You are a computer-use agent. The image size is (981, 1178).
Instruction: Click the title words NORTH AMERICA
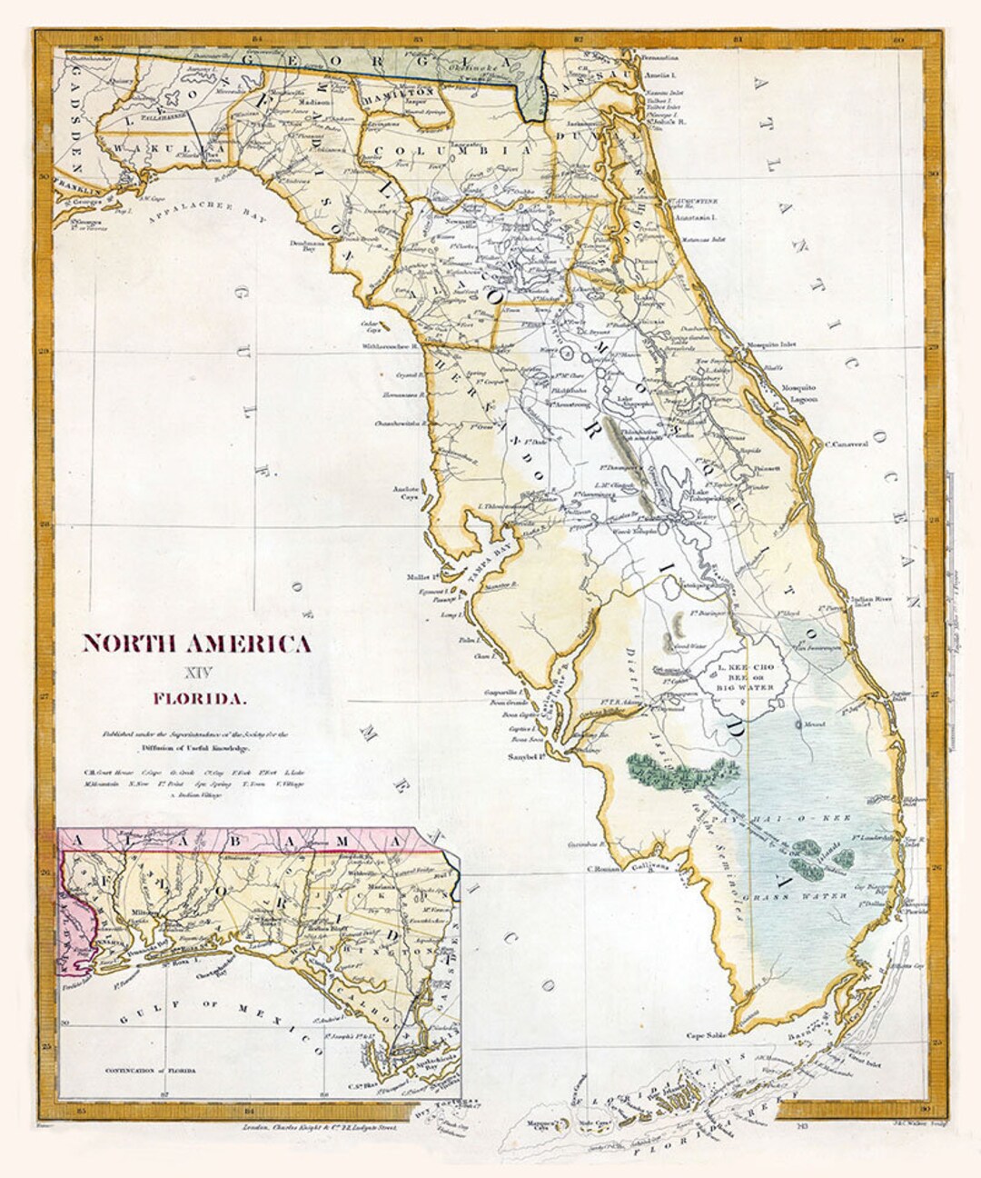196,644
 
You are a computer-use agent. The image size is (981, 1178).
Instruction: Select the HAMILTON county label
398,94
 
